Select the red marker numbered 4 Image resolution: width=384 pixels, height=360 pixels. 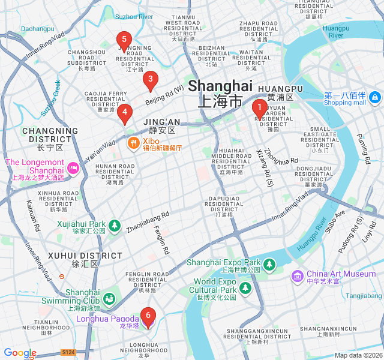pos(124,112)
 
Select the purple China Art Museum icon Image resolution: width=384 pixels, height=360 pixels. pos(297,275)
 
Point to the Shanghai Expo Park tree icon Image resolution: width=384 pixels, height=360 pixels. pos(269,264)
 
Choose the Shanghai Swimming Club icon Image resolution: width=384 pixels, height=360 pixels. pos(109,298)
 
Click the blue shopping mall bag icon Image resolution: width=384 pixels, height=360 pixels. pos(375,97)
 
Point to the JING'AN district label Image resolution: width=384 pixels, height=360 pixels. pos(161,122)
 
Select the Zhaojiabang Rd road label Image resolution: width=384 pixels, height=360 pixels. pos(148,221)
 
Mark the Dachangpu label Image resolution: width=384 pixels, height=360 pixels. pos(38,28)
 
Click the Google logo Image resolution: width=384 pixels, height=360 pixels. pos(20,353)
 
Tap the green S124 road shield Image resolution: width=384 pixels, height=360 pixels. pos(68,353)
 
